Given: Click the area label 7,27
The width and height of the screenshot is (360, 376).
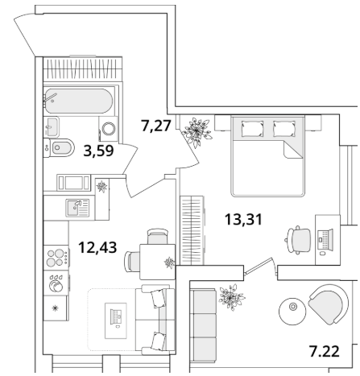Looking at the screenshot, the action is pyautogui.click(x=156, y=126).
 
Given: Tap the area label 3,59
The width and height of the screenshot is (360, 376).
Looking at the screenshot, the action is pyautogui.click(x=98, y=151).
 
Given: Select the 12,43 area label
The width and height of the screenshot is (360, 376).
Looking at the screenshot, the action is pyautogui.click(x=97, y=247).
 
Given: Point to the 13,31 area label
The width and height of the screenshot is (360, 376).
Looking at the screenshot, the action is pyautogui.click(x=243, y=219).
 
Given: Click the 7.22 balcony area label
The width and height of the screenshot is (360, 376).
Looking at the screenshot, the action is pyautogui.click(x=325, y=352).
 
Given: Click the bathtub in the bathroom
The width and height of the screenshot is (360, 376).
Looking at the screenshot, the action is pyautogui.click(x=78, y=101).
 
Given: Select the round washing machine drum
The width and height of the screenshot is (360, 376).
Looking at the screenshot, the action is pyautogui.click(x=109, y=129).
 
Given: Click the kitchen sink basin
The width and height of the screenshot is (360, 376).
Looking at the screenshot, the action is pyautogui.click(x=74, y=208).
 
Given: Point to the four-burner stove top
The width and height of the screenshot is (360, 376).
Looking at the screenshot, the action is pyautogui.click(x=56, y=258).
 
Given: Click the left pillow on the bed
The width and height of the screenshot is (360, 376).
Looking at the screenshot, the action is pyautogui.click(x=252, y=129).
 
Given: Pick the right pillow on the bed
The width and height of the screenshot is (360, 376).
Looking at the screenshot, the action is pyautogui.click(x=284, y=129).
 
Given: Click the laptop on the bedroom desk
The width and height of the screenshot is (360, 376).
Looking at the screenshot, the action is pyautogui.click(x=325, y=240).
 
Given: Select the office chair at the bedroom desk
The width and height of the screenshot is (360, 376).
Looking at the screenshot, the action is pyautogui.click(x=298, y=240).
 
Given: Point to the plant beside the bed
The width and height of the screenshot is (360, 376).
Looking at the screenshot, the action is pyautogui.click(x=197, y=131).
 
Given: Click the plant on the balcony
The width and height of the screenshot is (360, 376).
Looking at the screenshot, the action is pyautogui.click(x=231, y=297).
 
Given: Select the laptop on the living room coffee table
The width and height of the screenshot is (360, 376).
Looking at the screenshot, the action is pyautogui.click(x=117, y=318).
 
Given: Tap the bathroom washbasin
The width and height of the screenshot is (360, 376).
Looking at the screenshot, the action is pyautogui.click(x=51, y=126).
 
